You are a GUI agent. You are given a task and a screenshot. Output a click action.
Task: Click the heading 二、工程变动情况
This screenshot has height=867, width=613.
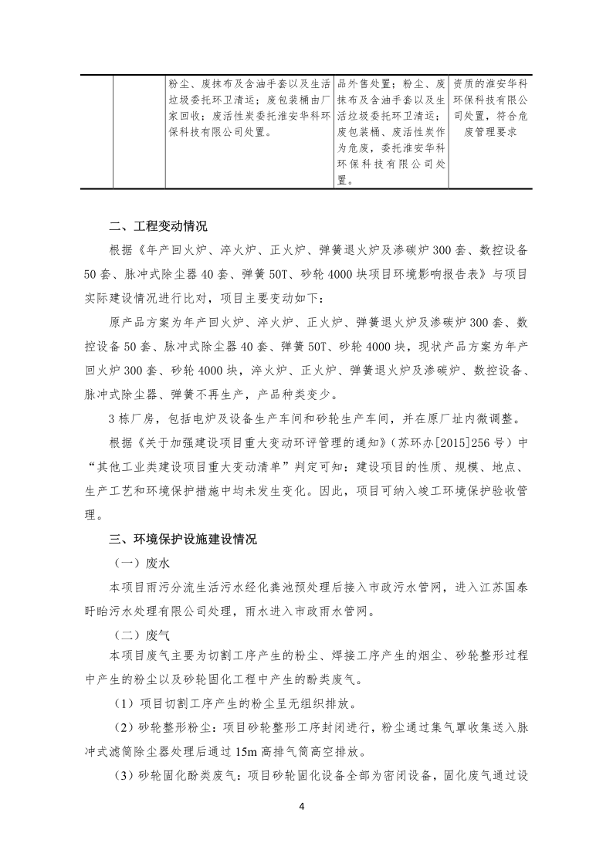[158, 227]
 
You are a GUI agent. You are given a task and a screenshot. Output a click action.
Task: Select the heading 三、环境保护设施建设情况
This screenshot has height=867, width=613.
[183, 538]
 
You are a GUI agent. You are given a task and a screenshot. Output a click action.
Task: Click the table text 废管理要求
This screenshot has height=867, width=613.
[489, 132]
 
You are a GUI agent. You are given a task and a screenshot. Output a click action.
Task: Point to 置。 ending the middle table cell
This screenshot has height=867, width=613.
[344, 181]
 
